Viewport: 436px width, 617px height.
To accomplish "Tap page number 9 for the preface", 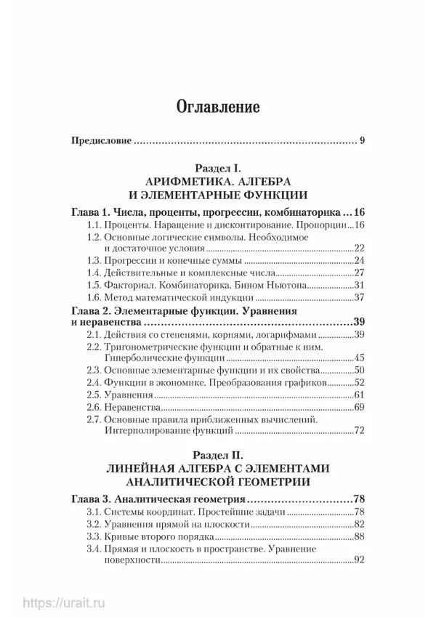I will click(x=361, y=141).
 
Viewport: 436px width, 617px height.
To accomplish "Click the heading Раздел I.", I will click(x=217, y=167).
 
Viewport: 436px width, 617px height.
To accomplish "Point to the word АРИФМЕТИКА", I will click(x=185, y=181).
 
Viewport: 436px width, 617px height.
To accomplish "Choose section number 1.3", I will click(x=93, y=260).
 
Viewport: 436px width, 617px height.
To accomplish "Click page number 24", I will click(x=358, y=260).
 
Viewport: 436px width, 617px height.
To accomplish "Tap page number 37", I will click(x=358, y=297).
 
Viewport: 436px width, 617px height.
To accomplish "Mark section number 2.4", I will click(x=93, y=382).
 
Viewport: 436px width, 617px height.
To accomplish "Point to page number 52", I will click(x=358, y=382).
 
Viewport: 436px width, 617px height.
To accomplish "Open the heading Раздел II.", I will click(x=218, y=456).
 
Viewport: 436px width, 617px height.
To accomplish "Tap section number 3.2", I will click(x=93, y=524).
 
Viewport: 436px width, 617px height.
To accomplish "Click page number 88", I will click(x=358, y=536).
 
